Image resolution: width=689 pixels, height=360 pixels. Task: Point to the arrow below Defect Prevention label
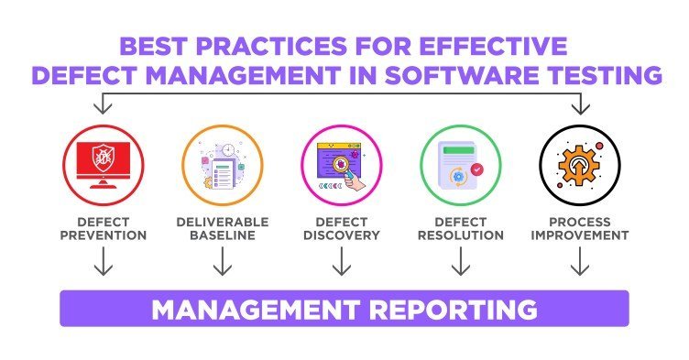(x=104, y=263)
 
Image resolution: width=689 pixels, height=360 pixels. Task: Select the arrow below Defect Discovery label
(x=342, y=263)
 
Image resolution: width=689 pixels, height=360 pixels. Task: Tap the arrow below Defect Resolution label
(x=461, y=263)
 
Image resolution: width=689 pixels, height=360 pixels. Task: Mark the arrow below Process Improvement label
(x=577, y=263)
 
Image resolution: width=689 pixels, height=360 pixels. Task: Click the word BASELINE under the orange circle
(x=222, y=235)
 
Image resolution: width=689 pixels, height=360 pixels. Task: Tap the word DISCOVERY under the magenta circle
(x=342, y=235)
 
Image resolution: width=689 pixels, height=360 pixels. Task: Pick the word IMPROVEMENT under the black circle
(x=577, y=235)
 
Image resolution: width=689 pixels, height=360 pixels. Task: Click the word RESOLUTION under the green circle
(x=461, y=235)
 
